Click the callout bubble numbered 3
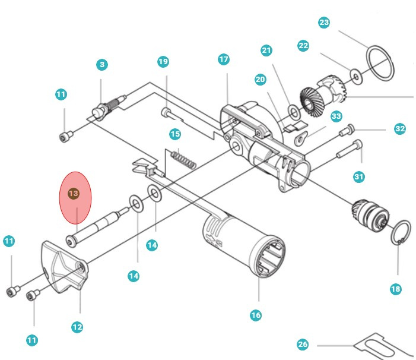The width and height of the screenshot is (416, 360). coord(103,64)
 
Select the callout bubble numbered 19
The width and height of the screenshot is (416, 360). coord(163,62)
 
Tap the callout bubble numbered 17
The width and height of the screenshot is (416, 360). coord(224,59)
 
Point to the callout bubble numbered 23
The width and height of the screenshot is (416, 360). coord(324,23)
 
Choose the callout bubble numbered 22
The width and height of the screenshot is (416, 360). coord(303,46)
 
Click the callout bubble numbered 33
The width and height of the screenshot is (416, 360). coord(336,116)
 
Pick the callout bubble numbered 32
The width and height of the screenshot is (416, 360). coord(400,128)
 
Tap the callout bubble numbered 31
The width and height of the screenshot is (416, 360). coord(358,176)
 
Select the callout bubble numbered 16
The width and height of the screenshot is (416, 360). coord(256,315)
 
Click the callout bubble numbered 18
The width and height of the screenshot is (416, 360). coord(396,289)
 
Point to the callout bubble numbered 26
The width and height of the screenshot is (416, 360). coord(303,345)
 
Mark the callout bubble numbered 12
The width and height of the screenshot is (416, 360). coord(77,326)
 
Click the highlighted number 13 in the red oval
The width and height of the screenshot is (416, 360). coord(74,194)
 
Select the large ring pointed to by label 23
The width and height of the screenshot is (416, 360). coord(379,62)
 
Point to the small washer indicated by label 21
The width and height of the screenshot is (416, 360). coord(293,110)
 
